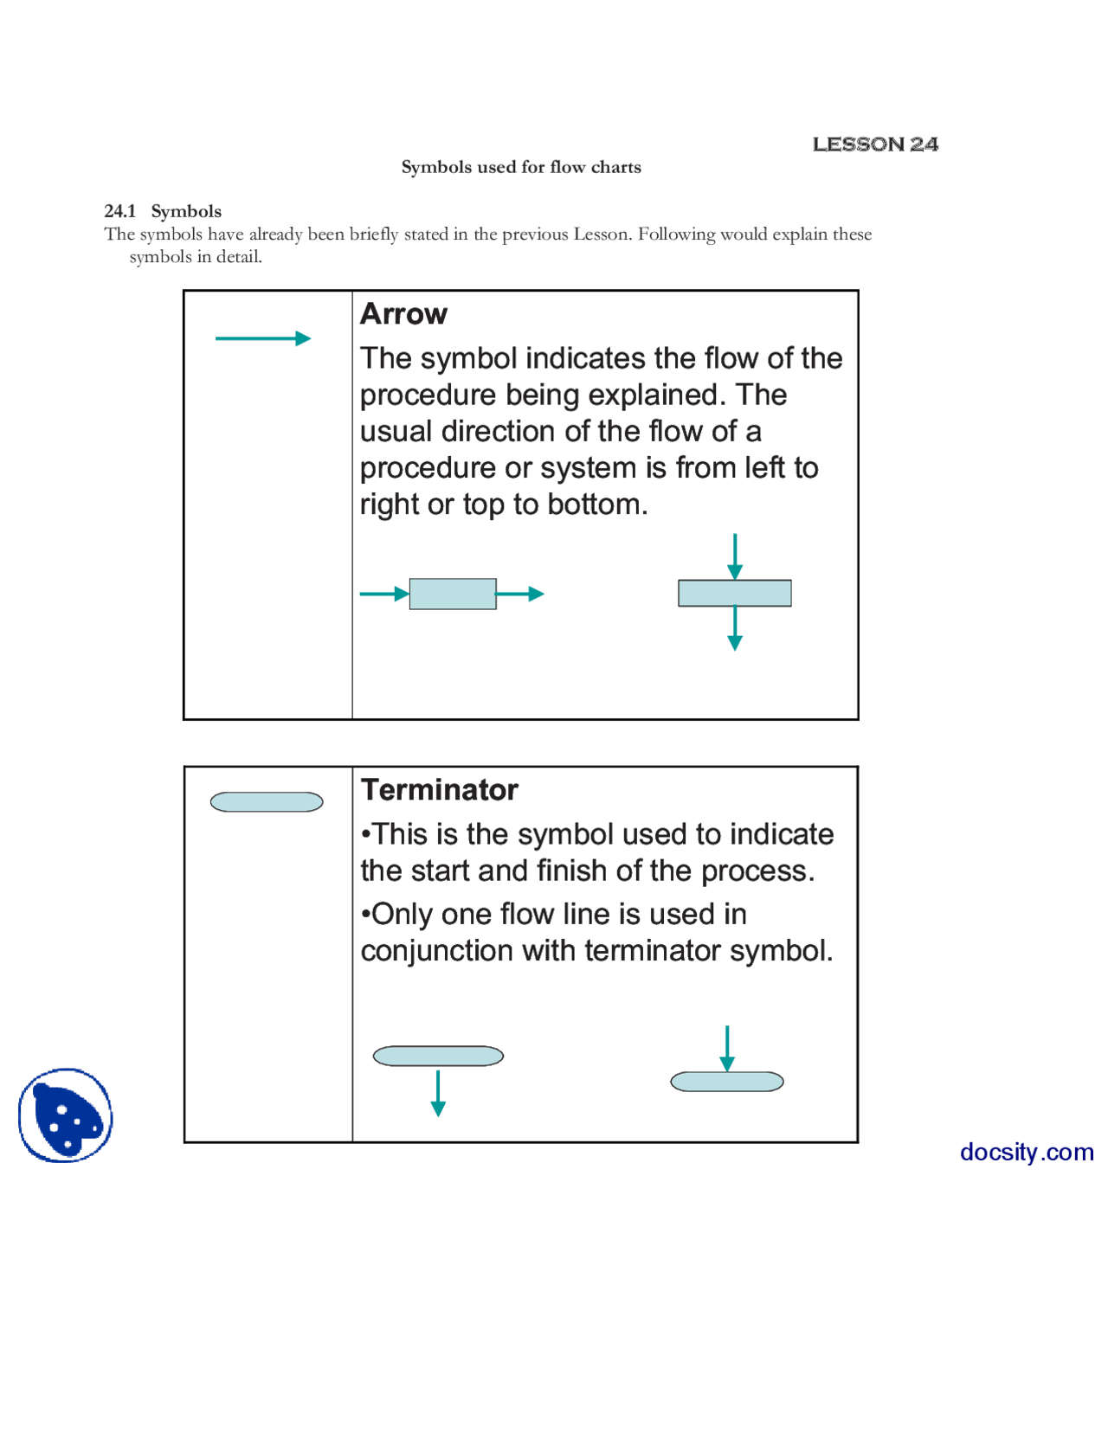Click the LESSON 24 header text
click(874, 145)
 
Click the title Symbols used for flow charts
click(520, 167)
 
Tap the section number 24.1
click(119, 211)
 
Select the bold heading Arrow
click(403, 313)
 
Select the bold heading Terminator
click(439, 789)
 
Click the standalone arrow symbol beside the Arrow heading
click(262, 338)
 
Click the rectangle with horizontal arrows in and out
click(452, 594)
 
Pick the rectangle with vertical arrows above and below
click(734, 593)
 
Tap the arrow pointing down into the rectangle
click(734, 556)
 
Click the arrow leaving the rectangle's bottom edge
click(734, 628)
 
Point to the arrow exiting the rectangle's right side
click(519, 594)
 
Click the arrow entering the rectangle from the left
click(383, 594)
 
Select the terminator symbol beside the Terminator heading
click(267, 802)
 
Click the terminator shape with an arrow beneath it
click(438, 1056)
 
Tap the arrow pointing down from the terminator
click(438, 1093)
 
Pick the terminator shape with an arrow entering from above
click(726, 1082)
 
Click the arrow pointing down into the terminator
click(726, 1048)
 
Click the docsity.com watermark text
click(1026, 1152)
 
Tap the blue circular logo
click(66, 1115)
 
